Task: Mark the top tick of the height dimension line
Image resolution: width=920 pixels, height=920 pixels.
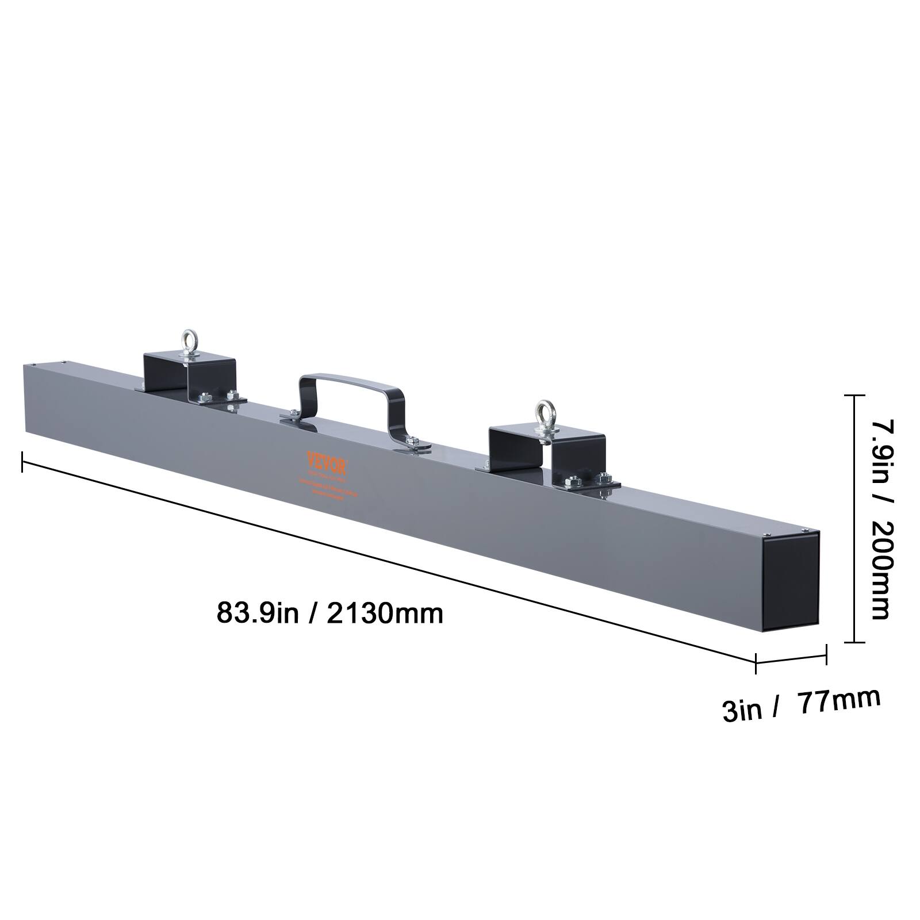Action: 855,396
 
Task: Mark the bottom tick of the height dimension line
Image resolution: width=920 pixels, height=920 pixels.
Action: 855,642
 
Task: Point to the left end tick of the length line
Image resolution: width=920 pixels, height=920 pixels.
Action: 22,462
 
